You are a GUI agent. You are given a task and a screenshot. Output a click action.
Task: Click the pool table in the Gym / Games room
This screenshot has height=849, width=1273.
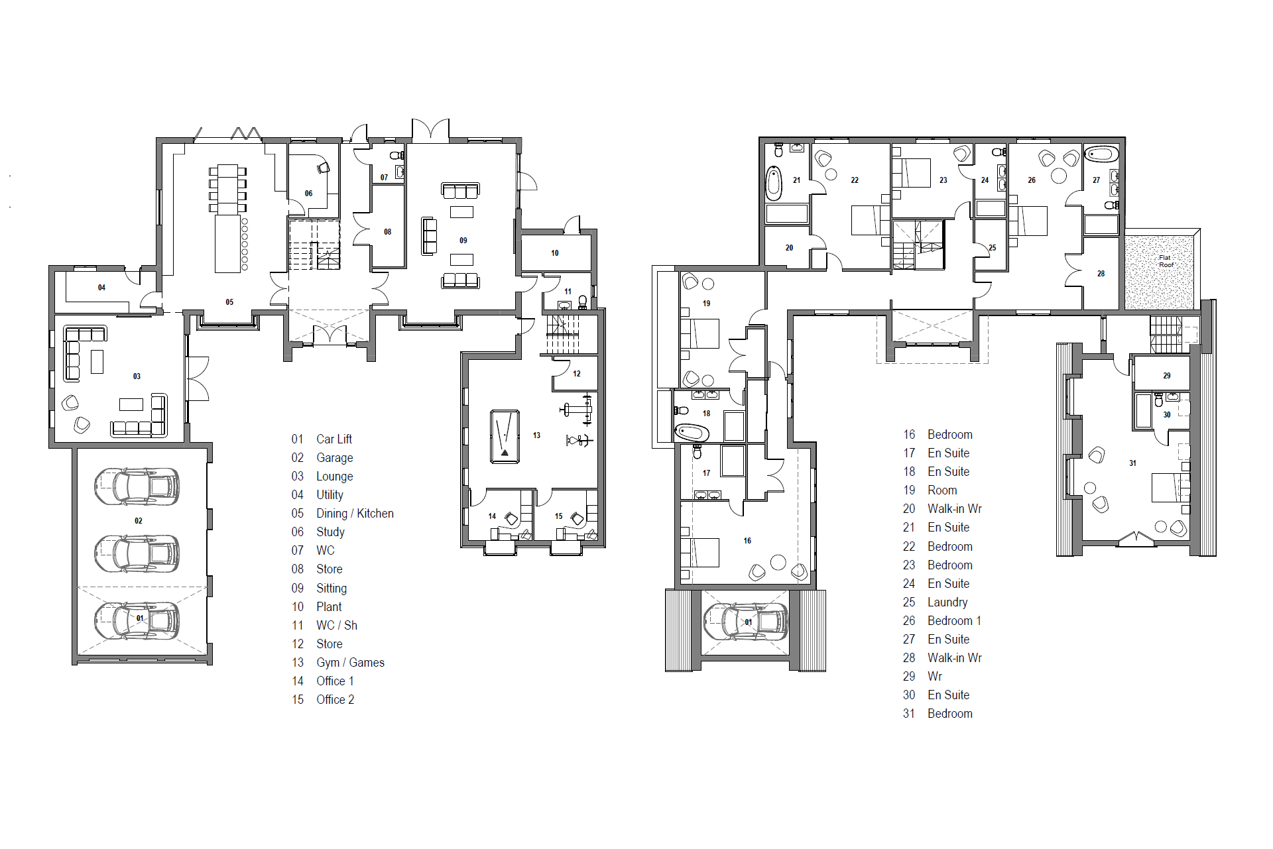(x=505, y=436)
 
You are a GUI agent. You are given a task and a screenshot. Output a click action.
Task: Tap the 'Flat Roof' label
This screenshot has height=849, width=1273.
(x=1166, y=261)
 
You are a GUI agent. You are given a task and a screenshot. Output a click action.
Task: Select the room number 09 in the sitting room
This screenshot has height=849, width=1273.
(x=463, y=241)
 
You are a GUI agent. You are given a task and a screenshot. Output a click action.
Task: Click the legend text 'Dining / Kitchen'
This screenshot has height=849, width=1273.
(x=355, y=514)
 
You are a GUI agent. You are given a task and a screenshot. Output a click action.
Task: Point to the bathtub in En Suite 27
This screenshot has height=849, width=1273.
(x=1101, y=154)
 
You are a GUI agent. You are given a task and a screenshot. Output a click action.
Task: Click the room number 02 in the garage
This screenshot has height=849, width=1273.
(x=138, y=521)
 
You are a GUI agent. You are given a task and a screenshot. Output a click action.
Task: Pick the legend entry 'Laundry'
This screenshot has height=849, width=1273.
(x=947, y=602)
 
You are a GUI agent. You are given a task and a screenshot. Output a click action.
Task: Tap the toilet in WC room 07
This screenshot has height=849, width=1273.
(x=396, y=155)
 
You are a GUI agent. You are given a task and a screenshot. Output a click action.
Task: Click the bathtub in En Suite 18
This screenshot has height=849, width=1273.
(x=692, y=433)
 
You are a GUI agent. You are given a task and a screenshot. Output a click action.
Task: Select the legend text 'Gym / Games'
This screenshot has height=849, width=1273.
(x=350, y=663)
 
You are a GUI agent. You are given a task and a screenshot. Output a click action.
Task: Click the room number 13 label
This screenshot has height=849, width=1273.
(x=536, y=435)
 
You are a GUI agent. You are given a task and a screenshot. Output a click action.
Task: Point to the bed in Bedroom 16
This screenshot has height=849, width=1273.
(x=700, y=552)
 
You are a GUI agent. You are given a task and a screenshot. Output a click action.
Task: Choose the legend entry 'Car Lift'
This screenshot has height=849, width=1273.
(x=334, y=439)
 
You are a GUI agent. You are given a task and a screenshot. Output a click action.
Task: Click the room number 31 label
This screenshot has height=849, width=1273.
(x=1132, y=463)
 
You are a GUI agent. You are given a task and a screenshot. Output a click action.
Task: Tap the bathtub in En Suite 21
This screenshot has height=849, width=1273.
(x=774, y=184)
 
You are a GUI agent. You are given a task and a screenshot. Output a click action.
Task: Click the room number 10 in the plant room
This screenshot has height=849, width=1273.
(x=554, y=253)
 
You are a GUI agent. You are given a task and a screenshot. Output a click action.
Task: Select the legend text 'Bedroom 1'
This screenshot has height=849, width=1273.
(x=954, y=621)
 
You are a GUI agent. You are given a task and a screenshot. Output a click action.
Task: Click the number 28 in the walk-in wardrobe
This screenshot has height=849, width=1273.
(x=1101, y=274)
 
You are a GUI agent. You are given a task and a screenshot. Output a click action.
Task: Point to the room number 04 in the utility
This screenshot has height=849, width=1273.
(x=101, y=288)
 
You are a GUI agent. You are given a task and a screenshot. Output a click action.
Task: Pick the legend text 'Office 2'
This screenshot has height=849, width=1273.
(x=335, y=700)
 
